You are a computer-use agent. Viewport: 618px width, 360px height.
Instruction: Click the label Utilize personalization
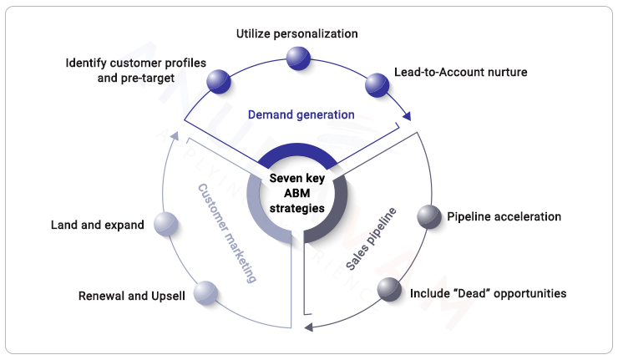[x=296, y=34]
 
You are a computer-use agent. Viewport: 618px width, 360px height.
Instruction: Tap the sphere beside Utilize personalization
[x=297, y=58]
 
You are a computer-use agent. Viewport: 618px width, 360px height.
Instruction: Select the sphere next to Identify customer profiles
[x=220, y=80]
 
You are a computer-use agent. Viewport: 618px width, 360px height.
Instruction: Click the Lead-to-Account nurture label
[x=460, y=72]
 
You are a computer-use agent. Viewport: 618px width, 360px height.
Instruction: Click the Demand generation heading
[x=301, y=114]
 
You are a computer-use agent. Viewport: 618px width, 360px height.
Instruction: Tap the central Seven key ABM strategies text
[x=297, y=192]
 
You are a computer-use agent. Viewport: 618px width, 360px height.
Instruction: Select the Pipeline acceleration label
[x=504, y=217]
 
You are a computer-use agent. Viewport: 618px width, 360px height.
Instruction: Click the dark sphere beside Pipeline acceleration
[x=429, y=217]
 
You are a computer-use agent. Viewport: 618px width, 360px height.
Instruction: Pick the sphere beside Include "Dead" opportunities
[x=389, y=290]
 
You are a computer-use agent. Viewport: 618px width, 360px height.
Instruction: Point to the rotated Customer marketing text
[x=226, y=233]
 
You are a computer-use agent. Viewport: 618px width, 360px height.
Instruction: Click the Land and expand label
[x=97, y=225]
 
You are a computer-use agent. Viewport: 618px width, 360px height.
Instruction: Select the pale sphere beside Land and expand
[x=167, y=224]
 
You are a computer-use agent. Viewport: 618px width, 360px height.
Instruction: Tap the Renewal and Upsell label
[x=131, y=296]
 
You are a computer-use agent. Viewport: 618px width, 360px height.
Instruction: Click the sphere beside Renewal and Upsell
[x=205, y=293]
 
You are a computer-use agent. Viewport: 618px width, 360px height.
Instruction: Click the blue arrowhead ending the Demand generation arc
[x=408, y=117]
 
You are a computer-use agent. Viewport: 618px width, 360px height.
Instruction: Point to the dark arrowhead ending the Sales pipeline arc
[x=309, y=326]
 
